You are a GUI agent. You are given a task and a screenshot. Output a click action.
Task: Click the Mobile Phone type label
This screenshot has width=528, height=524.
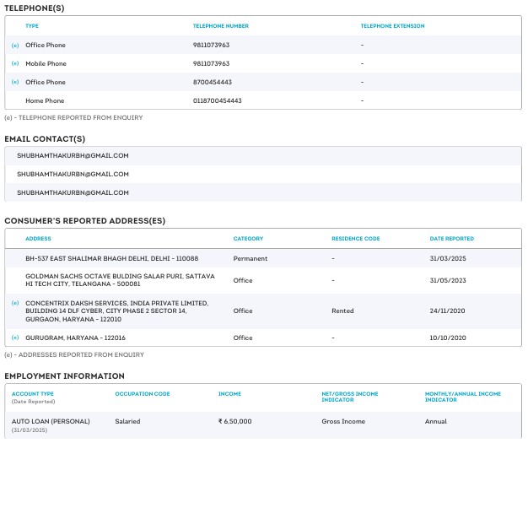pyautogui.click(x=46, y=64)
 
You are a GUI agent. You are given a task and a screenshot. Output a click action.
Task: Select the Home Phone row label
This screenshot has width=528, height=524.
pyautogui.click(x=45, y=101)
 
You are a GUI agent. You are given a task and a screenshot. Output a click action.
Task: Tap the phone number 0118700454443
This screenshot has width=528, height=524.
pyautogui.click(x=218, y=101)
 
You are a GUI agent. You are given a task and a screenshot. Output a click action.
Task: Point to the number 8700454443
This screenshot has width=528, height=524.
pyautogui.click(x=213, y=83)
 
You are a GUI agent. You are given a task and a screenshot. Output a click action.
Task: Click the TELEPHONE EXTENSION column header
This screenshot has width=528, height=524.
pyautogui.click(x=392, y=26)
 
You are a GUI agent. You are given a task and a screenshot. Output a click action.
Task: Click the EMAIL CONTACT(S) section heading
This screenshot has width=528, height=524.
pyautogui.click(x=45, y=138)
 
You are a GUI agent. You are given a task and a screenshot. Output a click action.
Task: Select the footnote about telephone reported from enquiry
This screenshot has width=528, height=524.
pyautogui.click(x=73, y=118)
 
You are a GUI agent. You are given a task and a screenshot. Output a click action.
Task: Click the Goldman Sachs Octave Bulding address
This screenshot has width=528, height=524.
pyautogui.click(x=120, y=280)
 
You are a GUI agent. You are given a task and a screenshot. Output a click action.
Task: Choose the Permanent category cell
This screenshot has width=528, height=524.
pyautogui.click(x=250, y=258)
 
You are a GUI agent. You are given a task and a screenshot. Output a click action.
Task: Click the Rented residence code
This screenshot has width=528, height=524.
pyautogui.click(x=342, y=311)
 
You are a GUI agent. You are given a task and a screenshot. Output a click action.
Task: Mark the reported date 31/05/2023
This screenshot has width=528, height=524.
pyautogui.click(x=448, y=280)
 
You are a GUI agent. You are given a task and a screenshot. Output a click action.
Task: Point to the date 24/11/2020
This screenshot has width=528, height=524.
pyautogui.click(x=448, y=311)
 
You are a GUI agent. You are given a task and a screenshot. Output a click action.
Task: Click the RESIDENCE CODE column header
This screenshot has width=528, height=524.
pyautogui.click(x=355, y=239)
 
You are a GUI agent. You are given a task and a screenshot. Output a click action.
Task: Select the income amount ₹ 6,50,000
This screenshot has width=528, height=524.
pyautogui.click(x=234, y=421)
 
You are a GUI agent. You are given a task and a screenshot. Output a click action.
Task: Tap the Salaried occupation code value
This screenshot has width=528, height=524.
pyautogui.click(x=127, y=421)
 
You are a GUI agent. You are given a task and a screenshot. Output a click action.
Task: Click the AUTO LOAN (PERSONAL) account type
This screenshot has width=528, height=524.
pyautogui.click(x=51, y=421)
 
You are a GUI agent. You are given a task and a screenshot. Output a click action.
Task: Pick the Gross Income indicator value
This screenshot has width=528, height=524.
pyautogui.click(x=343, y=421)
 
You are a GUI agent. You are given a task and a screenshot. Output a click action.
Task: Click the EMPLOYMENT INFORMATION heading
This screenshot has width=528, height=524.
pyautogui.click(x=64, y=375)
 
